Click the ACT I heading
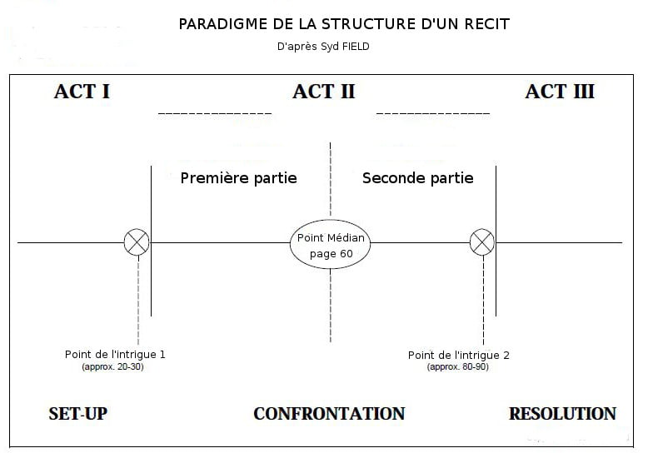click(82, 92)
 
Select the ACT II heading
click(324, 92)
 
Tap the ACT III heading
click(560, 92)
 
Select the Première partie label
click(239, 178)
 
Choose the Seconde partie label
click(418, 178)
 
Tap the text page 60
click(331, 254)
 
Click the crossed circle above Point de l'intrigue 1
click(137, 242)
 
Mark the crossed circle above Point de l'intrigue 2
click(482, 242)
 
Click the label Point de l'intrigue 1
click(115, 355)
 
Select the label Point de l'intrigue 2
click(459, 356)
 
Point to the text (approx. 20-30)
click(112, 366)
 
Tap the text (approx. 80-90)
click(458, 366)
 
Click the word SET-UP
click(78, 414)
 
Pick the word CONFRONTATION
click(329, 414)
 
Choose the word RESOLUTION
click(562, 414)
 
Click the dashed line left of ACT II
click(215, 113)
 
